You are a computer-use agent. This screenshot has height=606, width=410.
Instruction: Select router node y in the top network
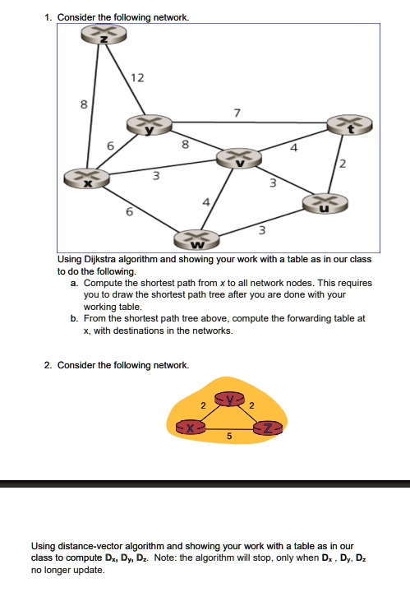(149, 125)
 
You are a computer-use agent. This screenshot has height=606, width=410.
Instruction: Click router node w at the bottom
(196, 240)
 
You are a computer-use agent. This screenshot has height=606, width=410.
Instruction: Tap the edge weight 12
(136, 78)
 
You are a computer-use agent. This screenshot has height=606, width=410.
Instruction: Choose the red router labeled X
(191, 428)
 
